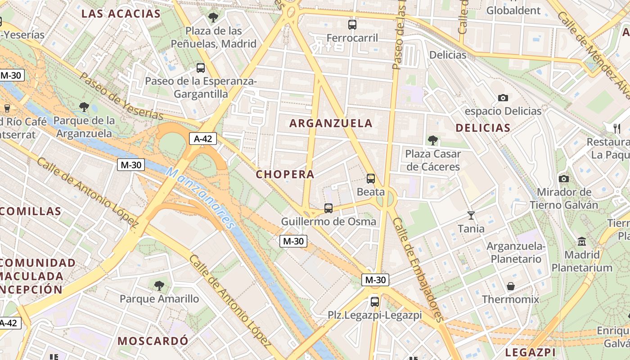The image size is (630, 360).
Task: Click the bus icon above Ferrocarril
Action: [352, 25]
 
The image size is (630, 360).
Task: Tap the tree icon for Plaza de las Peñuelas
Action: [213, 18]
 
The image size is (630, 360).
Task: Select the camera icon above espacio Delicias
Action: [503, 98]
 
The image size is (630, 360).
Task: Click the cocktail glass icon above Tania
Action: [471, 216]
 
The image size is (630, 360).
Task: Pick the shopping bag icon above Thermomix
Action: [511, 286]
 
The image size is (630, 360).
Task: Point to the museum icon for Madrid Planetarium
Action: [582, 242]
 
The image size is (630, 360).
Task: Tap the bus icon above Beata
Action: [371, 179]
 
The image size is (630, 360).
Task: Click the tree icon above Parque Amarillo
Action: [159, 285]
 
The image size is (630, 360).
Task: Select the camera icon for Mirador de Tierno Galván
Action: [564, 179]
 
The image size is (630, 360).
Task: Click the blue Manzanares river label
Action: [201, 197]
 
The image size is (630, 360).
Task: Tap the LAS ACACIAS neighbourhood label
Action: [121, 13]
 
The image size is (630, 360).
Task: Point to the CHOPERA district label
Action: [285, 174]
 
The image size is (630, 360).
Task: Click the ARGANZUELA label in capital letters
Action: [331, 123]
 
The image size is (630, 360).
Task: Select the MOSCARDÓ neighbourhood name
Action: [153, 341]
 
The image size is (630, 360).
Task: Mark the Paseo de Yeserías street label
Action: [121, 96]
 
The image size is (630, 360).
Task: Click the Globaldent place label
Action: [513, 10]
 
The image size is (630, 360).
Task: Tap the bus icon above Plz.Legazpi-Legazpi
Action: [374, 301]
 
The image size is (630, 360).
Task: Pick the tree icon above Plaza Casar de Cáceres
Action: [433, 140]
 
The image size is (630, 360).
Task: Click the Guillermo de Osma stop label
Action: [328, 221]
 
